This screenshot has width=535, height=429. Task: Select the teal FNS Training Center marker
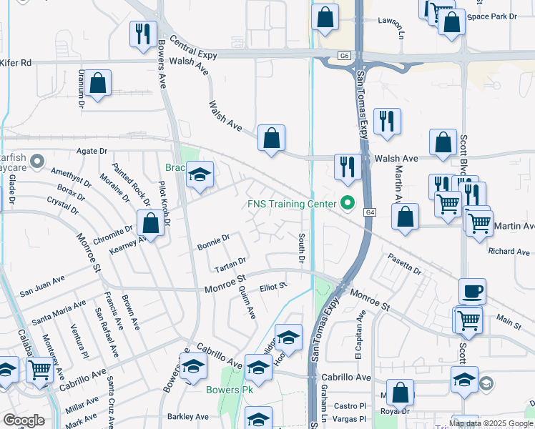click(x=348, y=204)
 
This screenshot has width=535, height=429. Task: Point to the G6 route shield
click(x=345, y=55)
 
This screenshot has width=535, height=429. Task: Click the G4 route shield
click(x=369, y=212)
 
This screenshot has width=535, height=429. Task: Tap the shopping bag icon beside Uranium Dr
click(x=98, y=83)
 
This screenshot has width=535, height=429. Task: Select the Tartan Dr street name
click(x=230, y=265)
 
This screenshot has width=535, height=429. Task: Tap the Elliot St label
click(x=273, y=287)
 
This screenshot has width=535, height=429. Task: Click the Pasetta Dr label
click(x=404, y=264)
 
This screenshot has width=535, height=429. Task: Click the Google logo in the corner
click(x=24, y=420)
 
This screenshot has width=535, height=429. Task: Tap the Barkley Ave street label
click(x=187, y=416)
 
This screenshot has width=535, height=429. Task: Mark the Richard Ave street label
click(x=509, y=252)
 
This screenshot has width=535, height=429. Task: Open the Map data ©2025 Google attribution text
click(x=491, y=423)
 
